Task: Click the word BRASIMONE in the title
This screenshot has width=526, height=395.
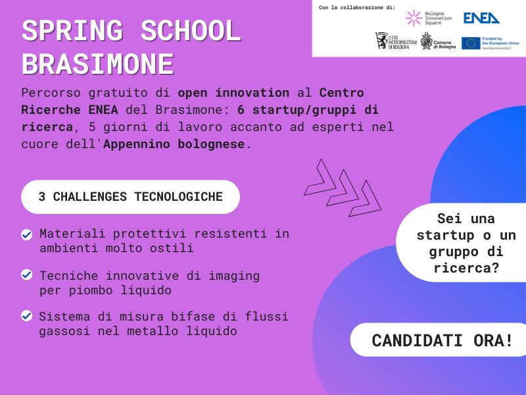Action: point(98,64)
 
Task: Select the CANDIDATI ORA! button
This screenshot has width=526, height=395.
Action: point(442,340)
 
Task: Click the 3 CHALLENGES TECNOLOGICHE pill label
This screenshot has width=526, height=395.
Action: point(130,197)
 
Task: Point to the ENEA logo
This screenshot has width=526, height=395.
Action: point(481,18)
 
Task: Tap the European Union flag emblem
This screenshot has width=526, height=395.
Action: point(471,43)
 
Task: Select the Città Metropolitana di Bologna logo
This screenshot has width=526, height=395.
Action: point(394,41)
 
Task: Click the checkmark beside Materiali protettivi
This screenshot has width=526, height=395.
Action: point(27,234)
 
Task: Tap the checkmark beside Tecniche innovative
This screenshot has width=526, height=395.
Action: point(27,275)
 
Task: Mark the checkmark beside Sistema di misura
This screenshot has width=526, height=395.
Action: point(27,316)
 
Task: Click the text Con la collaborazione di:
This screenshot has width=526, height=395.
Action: point(357,7)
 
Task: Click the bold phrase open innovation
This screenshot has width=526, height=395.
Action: point(233,92)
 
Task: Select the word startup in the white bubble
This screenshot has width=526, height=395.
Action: point(447,235)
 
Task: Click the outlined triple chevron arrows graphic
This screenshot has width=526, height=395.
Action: point(342,187)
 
